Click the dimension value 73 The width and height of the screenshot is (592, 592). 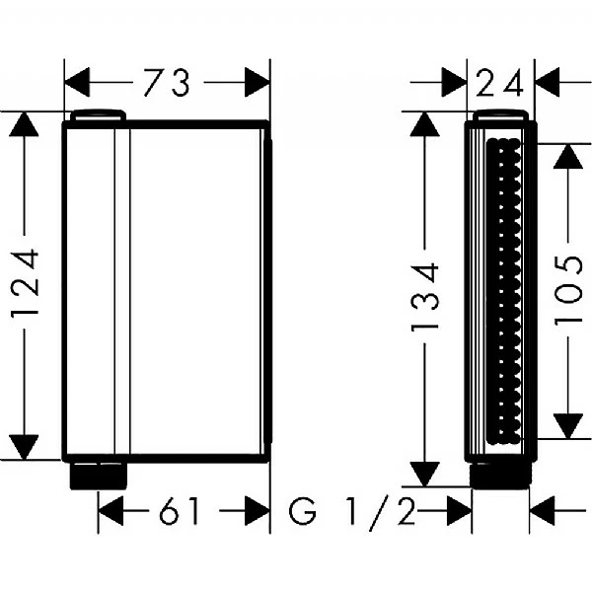[x=166, y=84]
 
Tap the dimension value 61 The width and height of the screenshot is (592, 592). [x=179, y=511]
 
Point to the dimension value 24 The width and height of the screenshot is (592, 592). [x=500, y=84]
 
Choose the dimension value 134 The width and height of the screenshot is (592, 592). [x=425, y=298]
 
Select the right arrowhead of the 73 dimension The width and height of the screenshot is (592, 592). [x=256, y=84]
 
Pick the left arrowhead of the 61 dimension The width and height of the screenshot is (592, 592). [x=112, y=511]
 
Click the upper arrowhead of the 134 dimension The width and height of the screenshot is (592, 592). [x=425, y=125]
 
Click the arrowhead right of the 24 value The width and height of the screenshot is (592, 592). [x=549, y=84]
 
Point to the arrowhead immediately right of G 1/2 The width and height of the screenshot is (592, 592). [x=457, y=511]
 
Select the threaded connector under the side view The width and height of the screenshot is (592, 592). [x=500, y=476]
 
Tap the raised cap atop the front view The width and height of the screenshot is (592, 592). [x=98, y=114]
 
